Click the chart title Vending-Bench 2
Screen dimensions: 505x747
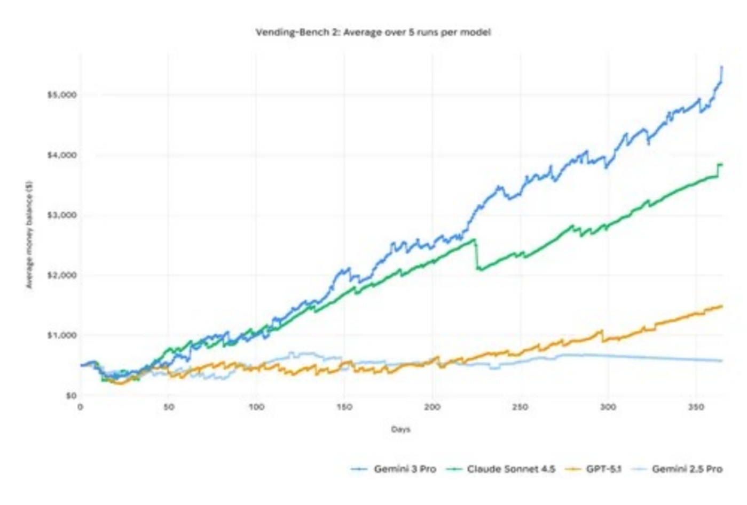coord(373,33)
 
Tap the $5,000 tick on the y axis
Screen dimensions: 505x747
coord(62,95)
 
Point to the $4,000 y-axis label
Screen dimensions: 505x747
coord(62,155)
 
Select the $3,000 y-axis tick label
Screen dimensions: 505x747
coord(62,215)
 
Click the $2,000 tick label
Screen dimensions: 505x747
coord(62,275)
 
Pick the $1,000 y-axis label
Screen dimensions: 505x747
coord(62,335)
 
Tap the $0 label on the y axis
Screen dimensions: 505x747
coord(70,396)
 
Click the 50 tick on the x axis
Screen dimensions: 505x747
coord(168,407)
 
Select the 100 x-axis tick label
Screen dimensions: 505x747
coord(256,407)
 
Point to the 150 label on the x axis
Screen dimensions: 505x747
coord(344,407)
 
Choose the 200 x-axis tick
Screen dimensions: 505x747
coord(433,407)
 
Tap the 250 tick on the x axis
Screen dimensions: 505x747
coord(520,407)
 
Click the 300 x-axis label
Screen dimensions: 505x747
coord(608,407)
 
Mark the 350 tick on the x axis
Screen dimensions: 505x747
coord(696,407)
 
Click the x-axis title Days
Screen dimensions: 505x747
coord(400,429)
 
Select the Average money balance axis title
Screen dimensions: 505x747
coord(29,235)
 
